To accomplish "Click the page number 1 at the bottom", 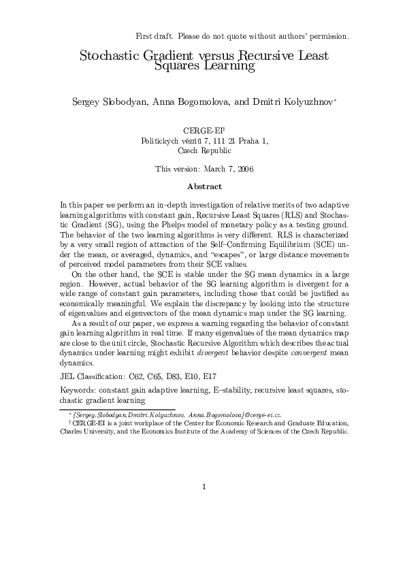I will tap(204, 487).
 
